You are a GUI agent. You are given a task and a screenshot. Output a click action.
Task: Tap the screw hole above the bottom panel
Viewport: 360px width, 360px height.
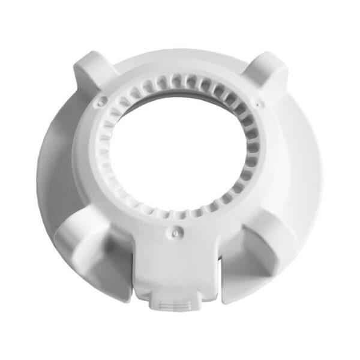(x=175, y=229)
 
